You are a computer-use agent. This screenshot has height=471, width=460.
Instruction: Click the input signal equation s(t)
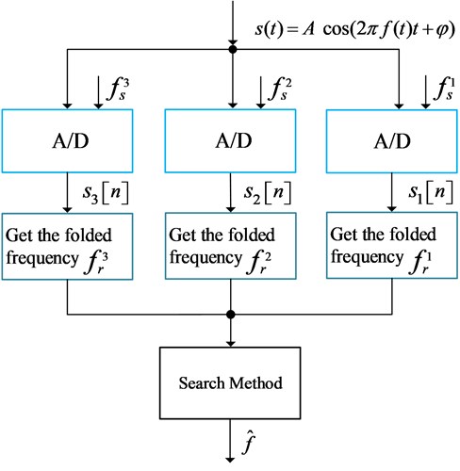355,30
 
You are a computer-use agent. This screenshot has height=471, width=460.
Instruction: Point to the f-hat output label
249,444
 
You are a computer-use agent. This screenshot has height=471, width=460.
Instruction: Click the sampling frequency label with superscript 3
118,89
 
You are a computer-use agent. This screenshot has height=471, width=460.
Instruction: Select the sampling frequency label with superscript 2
280,89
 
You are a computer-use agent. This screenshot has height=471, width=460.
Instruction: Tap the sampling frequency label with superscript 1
444,89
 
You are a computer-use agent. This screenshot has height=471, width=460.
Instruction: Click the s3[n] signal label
106,193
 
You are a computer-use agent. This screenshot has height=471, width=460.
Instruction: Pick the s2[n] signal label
268,193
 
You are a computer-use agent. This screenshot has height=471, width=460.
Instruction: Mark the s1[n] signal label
431,192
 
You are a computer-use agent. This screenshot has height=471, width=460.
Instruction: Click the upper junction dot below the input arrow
233,49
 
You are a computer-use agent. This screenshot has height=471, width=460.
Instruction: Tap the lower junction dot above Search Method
231,314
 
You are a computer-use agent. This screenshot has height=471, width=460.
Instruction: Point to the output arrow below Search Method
230,441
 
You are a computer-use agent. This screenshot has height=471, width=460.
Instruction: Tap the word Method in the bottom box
255,383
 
